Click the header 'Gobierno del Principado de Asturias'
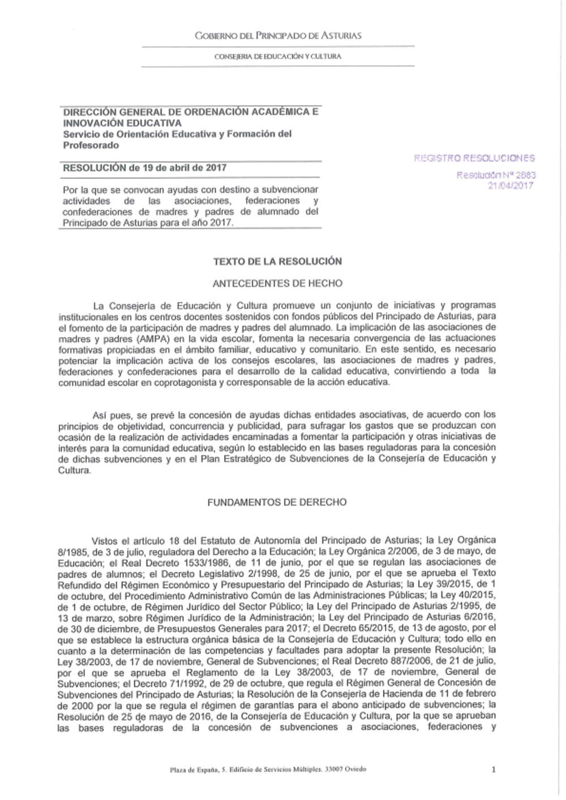[277, 36]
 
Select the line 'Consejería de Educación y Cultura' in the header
[277, 57]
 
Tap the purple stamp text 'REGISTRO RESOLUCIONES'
[474, 158]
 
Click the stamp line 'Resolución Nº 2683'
[496, 175]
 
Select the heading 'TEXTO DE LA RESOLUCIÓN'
[277, 261]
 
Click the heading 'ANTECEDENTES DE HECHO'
[277, 283]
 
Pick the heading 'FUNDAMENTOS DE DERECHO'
[277, 502]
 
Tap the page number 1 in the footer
[494, 769]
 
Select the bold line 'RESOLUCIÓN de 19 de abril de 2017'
[144, 168]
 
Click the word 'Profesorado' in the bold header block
[91, 145]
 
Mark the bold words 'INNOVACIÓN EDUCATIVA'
[122, 123]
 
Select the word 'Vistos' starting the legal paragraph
[104, 540]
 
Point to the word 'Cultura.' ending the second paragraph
[74, 470]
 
